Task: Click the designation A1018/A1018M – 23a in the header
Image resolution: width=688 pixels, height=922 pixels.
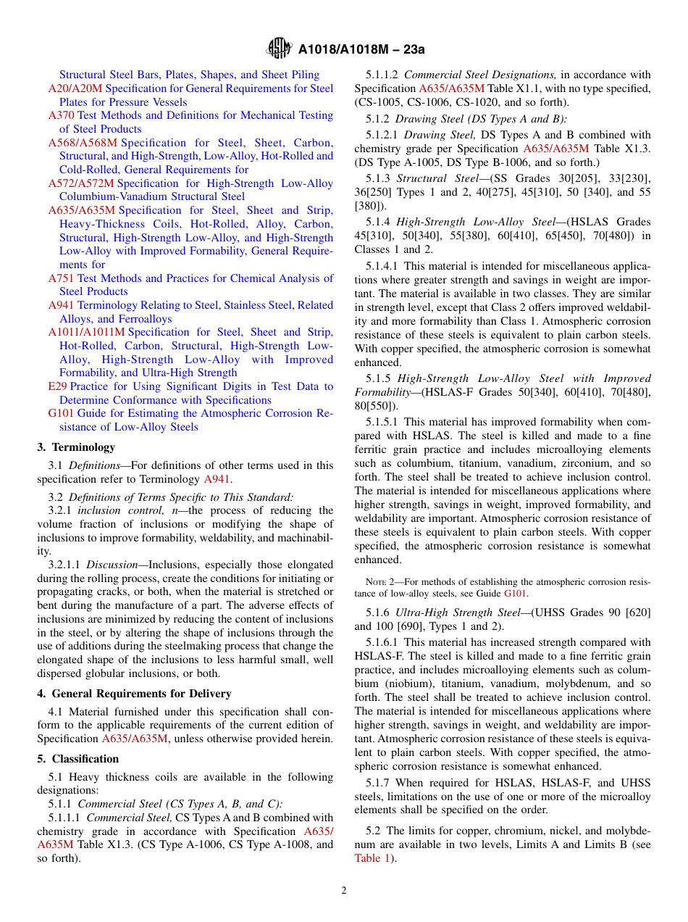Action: point(361,49)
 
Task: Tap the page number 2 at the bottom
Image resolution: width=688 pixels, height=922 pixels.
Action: point(344,891)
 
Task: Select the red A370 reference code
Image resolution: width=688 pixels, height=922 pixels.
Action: point(62,115)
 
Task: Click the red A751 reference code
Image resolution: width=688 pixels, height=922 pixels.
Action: point(62,278)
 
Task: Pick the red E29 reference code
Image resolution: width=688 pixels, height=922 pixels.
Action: point(57,386)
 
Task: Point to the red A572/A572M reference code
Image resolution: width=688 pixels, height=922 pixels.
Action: point(81,183)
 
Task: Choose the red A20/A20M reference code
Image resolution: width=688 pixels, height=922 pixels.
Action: point(75,88)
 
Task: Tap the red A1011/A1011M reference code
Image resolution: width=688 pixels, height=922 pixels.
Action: point(87,332)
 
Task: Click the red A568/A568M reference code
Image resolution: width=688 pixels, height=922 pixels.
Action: point(83,143)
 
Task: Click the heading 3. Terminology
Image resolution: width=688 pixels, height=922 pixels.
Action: point(76,447)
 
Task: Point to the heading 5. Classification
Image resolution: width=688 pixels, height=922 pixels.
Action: point(78,759)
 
